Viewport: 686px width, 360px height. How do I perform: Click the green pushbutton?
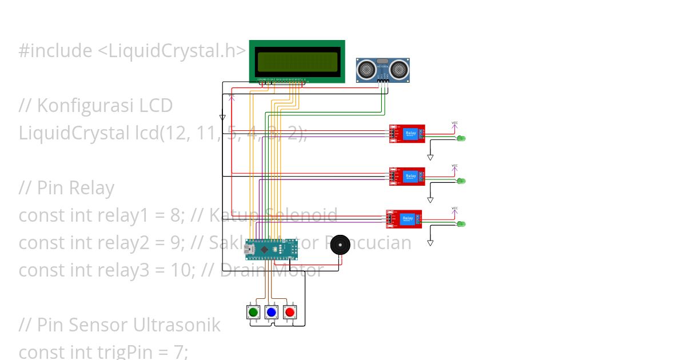(253, 312)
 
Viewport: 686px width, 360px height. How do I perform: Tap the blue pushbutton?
(271, 312)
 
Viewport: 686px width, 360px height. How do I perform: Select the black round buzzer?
(340, 245)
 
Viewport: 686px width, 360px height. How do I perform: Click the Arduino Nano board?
(272, 249)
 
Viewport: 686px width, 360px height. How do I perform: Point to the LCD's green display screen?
(297, 61)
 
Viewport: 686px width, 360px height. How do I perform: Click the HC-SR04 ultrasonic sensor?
(383, 70)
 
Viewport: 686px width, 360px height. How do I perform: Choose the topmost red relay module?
(407, 134)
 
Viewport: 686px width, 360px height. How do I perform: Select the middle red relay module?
(407, 177)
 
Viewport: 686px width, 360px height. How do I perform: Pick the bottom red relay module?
(404, 219)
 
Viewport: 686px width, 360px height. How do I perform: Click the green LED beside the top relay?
(462, 138)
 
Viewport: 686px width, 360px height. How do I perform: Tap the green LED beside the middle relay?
(462, 181)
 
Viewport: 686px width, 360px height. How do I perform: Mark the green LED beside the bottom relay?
(462, 223)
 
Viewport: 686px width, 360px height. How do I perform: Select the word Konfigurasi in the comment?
(105, 106)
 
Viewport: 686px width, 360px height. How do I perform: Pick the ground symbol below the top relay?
(430, 157)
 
